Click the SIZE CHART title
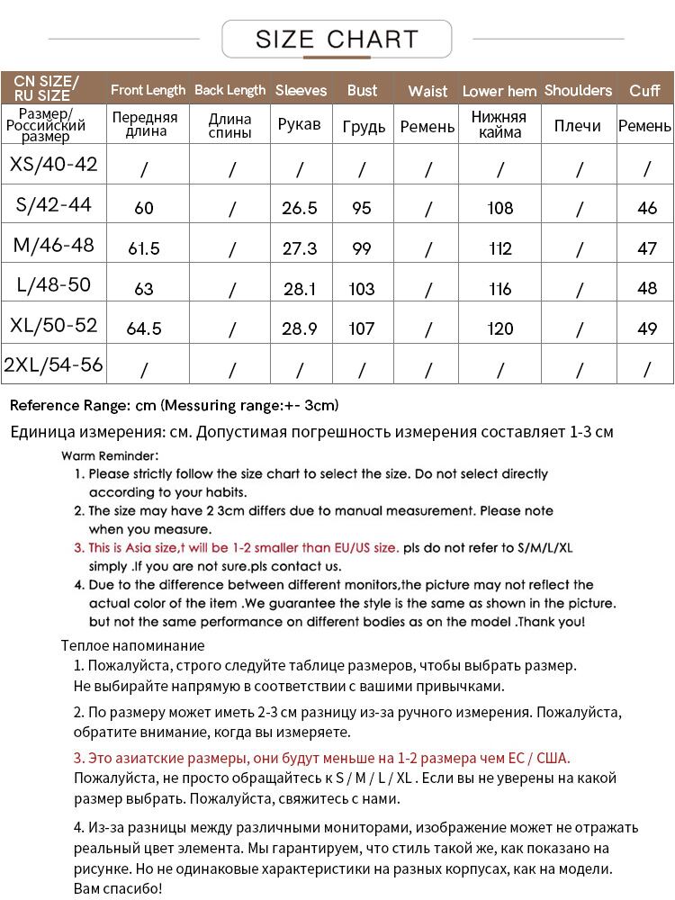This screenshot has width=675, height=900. click(337, 40)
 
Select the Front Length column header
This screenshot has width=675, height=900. click(148, 90)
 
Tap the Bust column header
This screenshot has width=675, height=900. click(362, 90)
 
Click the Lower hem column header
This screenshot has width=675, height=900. click(499, 91)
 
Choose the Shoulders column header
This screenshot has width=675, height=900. click(578, 90)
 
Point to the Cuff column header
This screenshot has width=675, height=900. click(644, 90)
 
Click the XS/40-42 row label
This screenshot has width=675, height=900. click(53, 165)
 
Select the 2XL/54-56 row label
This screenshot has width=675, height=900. click(53, 365)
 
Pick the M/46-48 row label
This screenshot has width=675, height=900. click(53, 245)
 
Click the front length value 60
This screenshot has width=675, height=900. click(144, 208)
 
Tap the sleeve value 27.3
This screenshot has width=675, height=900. click(300, 248)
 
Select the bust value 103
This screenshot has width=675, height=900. click(362, 289)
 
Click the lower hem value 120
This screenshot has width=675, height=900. click(499, 328)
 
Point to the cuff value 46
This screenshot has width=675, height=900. click(647, 208)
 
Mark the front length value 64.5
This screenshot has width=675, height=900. click(144, 328)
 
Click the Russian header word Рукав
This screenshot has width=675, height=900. click(300, 124)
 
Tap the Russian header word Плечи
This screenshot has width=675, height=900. click(578, 125)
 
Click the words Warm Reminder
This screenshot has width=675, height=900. click(110, 455)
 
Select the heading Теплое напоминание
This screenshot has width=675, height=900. click(132, 645)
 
